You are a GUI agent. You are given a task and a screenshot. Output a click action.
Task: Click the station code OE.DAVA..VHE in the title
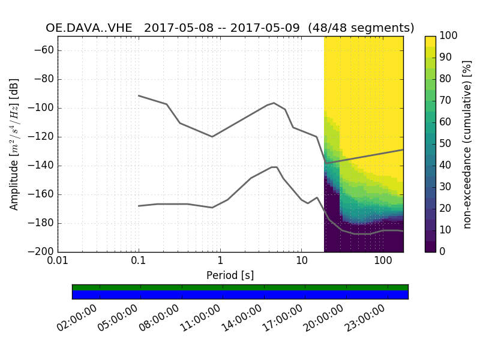click(90, 28)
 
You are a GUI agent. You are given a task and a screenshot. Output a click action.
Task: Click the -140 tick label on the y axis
click(41, 166)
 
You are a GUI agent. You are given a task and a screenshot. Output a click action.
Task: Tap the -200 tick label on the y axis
click(41, 252)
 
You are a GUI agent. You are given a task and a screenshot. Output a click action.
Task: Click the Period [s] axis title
click(230, 275)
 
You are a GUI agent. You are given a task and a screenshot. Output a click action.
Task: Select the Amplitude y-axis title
click(14, 144)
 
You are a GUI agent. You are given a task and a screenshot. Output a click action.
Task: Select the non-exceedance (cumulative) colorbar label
click(467, 144)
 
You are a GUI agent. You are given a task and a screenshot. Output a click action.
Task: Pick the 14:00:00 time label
click(242, 318)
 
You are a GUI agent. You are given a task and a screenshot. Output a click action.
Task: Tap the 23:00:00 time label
click(366, 318)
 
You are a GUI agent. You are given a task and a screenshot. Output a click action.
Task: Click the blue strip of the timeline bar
click(240, 295)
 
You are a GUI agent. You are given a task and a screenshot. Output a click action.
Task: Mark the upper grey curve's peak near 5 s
click(274, 103)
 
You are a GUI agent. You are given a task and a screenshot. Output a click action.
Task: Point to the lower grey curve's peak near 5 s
click(274, 167)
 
